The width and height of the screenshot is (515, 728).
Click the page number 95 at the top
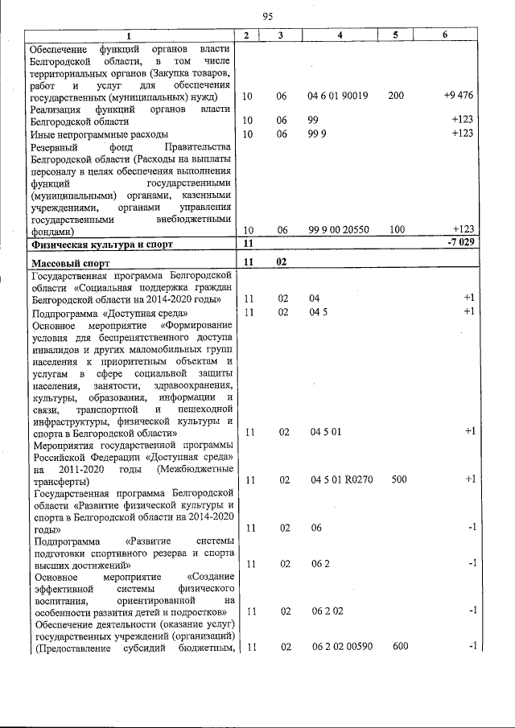(x=268, y=15)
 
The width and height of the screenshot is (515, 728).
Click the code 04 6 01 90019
(x=337, y=96)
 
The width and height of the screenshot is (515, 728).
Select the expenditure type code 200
(x=395, y=96)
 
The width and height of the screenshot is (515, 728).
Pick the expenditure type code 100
(x=395, y=229)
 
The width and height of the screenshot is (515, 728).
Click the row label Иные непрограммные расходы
(x=99, y=134)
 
